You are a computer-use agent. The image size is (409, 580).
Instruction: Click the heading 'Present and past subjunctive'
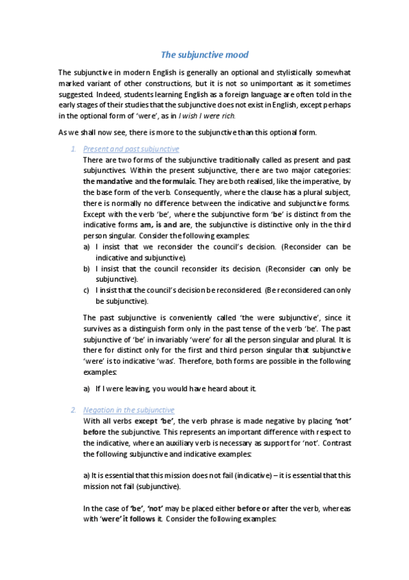tap(130, 148)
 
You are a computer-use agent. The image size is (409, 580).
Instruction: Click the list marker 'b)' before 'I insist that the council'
tap(86, 269)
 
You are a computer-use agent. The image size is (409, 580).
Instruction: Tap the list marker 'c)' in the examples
tap(86, 291)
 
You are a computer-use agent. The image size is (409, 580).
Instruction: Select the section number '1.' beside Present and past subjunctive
tap(74, 148)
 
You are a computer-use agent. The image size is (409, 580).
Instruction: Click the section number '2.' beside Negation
tap(74, 410)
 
